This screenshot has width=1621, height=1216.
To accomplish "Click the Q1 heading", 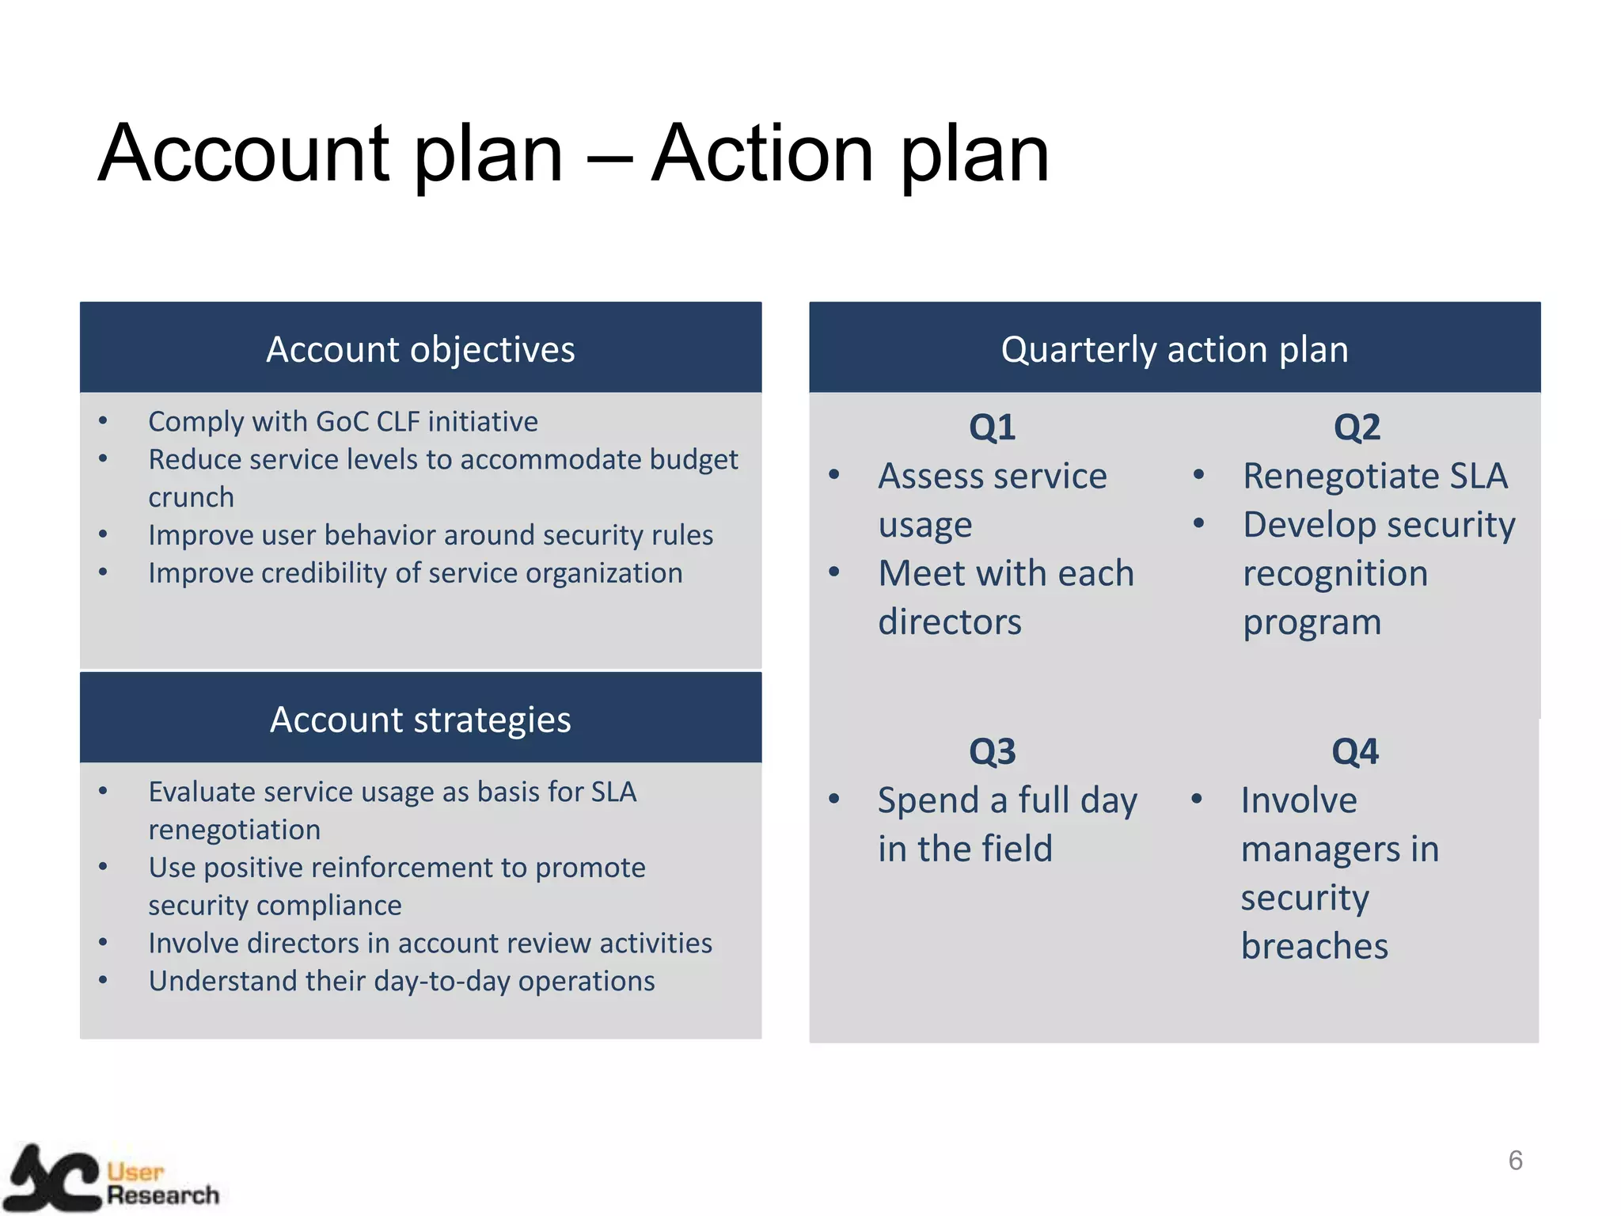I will click(992, 427).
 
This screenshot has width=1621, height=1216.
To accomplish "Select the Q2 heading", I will click(1357, 427).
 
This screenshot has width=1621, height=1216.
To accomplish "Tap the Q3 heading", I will click(992, 751).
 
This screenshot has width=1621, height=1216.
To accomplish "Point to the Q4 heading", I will click(1354, 751).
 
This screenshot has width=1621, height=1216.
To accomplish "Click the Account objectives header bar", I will click(420, 348).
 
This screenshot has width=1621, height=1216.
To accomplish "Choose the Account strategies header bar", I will click(420, 719).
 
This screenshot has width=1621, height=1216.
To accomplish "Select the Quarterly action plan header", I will click(1174, 348).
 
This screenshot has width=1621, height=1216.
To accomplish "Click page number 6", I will click(1515, 1161).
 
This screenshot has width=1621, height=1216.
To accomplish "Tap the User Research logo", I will click(111, 1180).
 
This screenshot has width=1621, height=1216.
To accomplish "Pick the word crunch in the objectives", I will click(191, 497).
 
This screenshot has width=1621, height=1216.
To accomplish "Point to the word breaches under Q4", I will click(1314, 946).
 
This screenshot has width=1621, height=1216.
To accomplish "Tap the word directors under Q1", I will click(950, 621).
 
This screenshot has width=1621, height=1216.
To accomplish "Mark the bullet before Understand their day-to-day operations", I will click(103, 980).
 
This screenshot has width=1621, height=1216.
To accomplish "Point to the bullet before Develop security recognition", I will click(1198, 523).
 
